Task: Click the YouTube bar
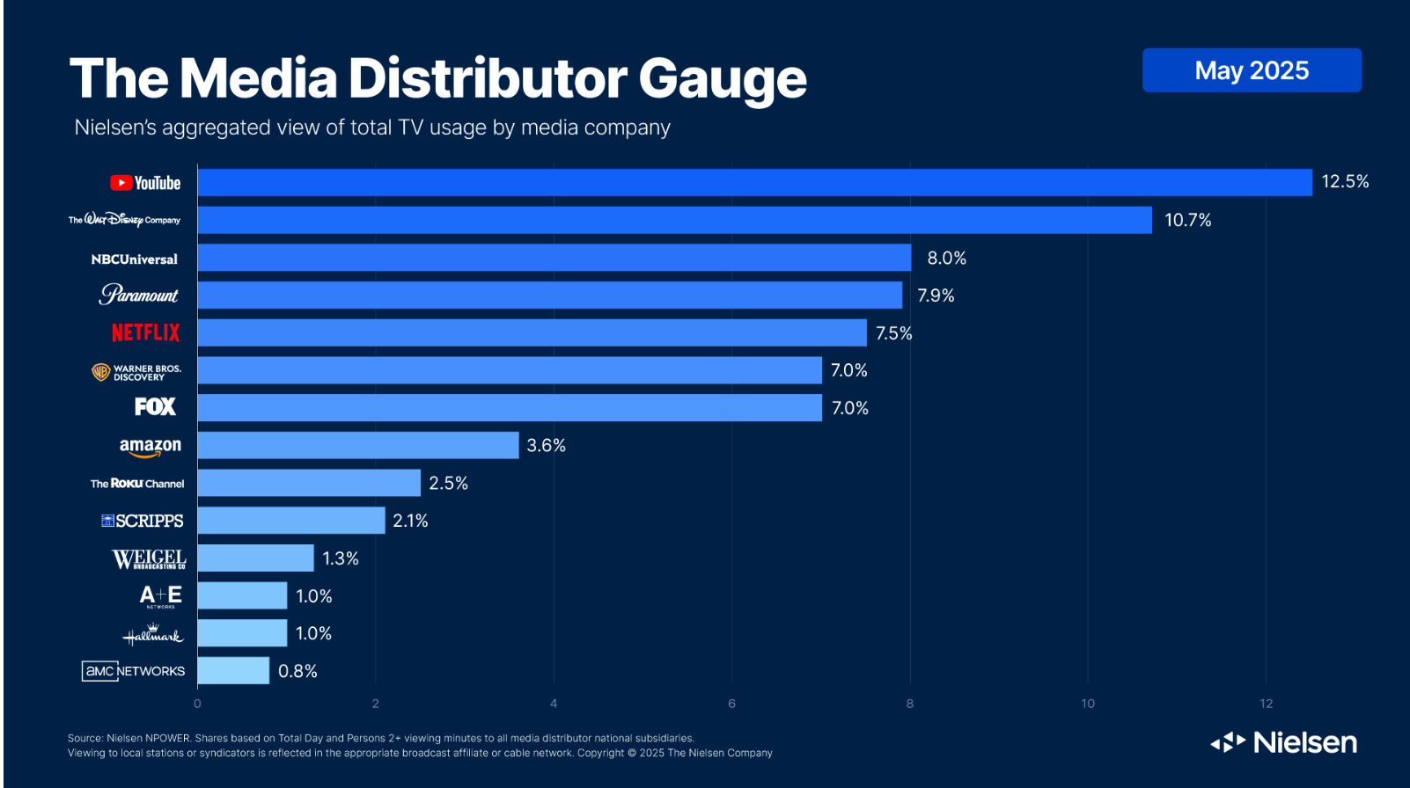(754, 183)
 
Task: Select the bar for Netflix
(532, 332)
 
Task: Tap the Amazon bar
(358, 445)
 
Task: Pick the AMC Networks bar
(233, 670)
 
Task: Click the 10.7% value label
(1187, 220)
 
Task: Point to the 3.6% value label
(546, 446)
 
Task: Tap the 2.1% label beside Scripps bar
(410, 521)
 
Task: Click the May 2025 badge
(1251, 70)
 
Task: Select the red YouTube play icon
(121, 183)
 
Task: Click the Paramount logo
(139, 295)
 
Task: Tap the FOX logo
(155, 406)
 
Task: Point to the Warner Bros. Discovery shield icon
(101, 372)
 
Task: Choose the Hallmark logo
(152, 634)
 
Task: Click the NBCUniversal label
(134, 259)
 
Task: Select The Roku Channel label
(137, 484)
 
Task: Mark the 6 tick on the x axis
(731, 704)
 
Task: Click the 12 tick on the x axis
(1266, 704)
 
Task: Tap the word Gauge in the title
(722, 79)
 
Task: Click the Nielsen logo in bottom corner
(1284, 743)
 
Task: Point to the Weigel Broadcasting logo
(149, 559)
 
